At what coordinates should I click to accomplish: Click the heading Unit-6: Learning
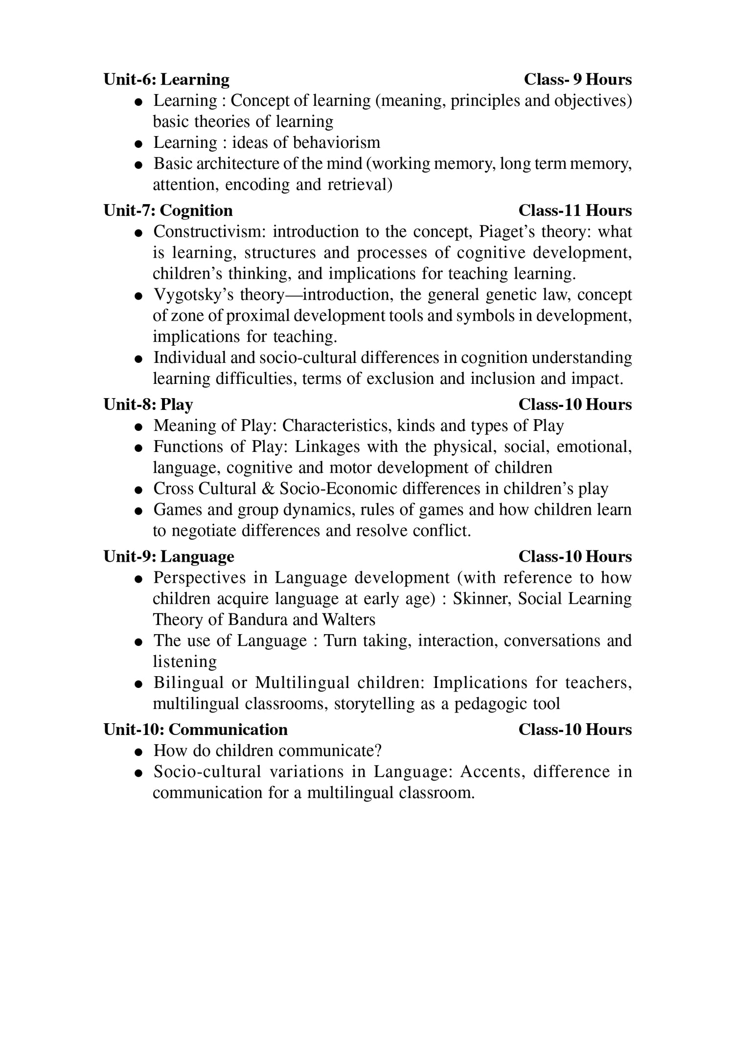pyautogui.click(x=166, y=79)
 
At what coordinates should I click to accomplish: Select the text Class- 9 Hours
pyautogui.click(x=577, y=79)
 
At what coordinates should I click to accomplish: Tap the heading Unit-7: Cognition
pyautogui.click(x=168, y=211)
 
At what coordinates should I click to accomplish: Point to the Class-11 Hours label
pyautogui.click(x=575, y=211)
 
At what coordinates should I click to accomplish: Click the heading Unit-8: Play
pyautogui.click(x=148, y=404)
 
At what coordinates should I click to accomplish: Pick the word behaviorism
pyautogui.click(x=336, y=142)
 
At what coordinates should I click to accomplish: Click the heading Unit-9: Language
pyautogui.click(x=169, y=557)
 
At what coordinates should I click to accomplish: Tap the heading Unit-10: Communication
pyautogui.click(x=195, y=730)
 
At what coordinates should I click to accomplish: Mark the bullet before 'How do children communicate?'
pyautogui.click(x=139, y=752)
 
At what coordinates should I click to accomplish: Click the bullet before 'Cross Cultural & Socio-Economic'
pyautogui.click(x=139, y=490)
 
